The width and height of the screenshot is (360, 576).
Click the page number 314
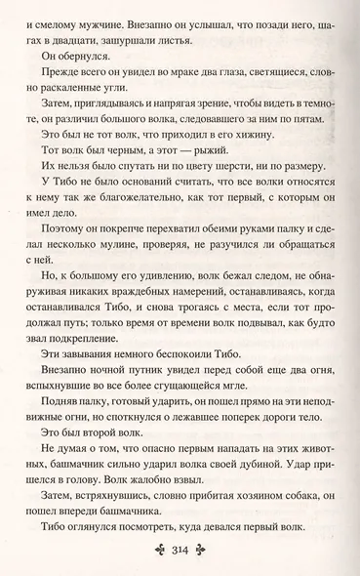(x=180, y=554)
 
